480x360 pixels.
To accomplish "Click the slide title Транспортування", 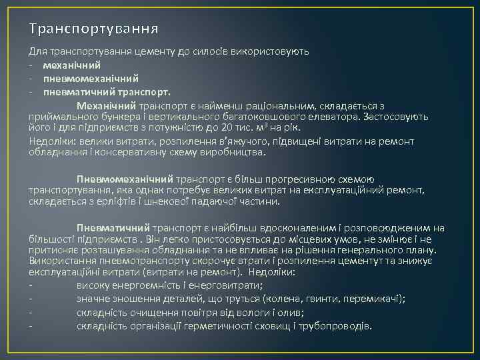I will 93,29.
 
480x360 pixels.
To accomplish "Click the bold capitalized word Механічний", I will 106,106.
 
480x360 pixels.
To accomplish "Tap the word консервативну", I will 135,152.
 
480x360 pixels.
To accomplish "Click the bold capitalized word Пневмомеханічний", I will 125,179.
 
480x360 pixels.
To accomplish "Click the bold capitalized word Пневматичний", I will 113,228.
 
